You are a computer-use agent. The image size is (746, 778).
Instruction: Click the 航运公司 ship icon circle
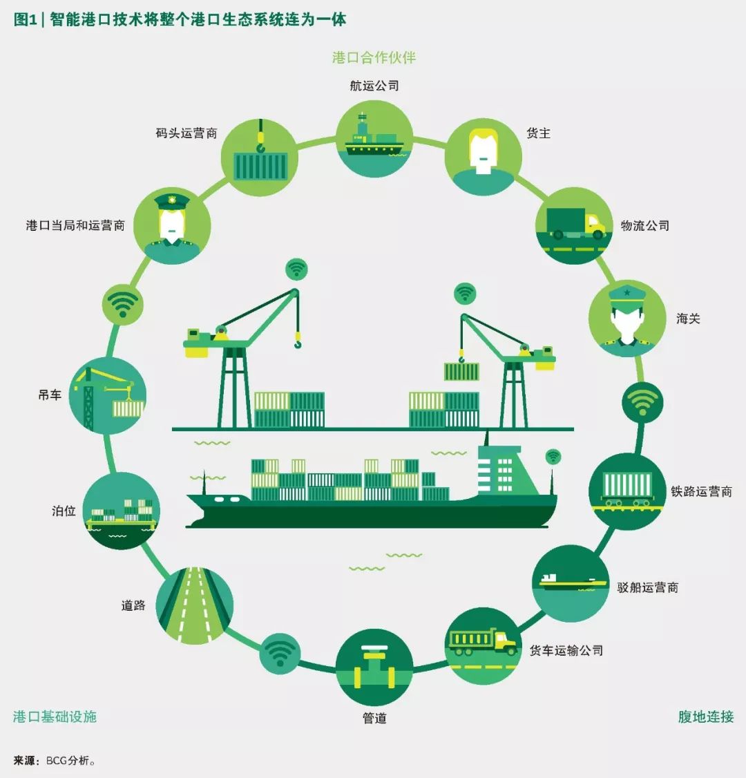(374, 138)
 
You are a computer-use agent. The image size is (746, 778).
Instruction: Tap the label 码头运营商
(186, 133)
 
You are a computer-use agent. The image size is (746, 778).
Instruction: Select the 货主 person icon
(483, 157)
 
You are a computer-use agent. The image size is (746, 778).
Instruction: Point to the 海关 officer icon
(627, 318)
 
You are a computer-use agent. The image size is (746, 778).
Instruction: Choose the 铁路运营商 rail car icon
(627, 491)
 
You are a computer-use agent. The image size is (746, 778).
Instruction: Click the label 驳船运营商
(647, 587)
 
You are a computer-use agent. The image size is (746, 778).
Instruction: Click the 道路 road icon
(194, 605)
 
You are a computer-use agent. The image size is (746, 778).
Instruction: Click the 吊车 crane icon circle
(108, 395)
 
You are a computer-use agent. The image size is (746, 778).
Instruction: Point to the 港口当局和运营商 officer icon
(171, 225)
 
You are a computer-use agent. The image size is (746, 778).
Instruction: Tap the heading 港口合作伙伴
(374, 57)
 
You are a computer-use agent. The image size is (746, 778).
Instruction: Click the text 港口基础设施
(55, 717)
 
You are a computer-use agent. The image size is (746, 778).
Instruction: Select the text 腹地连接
(705, 717)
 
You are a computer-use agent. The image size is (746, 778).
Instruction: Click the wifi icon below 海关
(642, 401)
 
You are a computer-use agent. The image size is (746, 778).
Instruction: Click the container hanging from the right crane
(461, 371)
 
